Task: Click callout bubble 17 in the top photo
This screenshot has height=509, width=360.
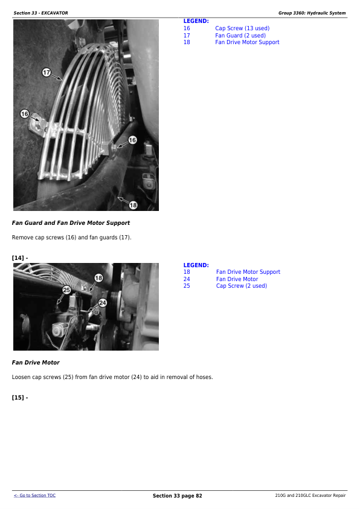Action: click(46, 73)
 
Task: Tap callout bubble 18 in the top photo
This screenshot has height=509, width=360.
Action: click(133, 205)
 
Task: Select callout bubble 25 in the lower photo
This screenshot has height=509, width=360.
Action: click(66, 290)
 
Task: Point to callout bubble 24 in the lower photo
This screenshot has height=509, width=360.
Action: click(102, 302)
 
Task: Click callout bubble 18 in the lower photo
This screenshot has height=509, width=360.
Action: click(98, 277)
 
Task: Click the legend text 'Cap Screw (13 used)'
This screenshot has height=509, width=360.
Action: click(242, 28)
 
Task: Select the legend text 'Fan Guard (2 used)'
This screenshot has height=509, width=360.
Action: click(240, 36)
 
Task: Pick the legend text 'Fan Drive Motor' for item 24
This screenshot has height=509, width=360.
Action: click(237, 279)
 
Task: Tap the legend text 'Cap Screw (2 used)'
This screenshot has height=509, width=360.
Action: click(241, 286)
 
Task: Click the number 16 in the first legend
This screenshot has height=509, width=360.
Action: click(187, 28)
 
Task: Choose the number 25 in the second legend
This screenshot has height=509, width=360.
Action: click(187, 286)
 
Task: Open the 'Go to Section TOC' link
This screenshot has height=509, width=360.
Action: click(34, 496)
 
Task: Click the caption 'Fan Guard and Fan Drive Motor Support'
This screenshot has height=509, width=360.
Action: click(71, 223)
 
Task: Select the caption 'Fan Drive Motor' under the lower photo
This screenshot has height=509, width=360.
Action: click(36, 363)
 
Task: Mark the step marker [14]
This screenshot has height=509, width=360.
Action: click(20, 258)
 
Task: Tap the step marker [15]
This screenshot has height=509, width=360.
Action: click(20, 397)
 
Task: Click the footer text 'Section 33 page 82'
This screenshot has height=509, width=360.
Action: click(177, 496)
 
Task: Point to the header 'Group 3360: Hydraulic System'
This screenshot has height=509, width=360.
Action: click(312, 13)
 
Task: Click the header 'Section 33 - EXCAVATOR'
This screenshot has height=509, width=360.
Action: click(40, 13)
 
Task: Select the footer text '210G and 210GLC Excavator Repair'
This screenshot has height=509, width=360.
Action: click(310, 496)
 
